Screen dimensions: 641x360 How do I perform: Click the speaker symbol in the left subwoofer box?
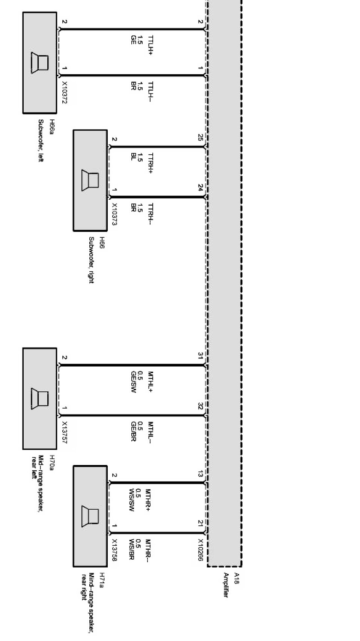pyautogui.click(x=40, y=62)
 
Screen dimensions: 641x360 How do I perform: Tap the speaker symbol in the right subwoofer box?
pyautogui.click(x=90, y=180)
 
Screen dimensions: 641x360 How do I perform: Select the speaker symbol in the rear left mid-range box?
pyautogui.click(x=40, y=399)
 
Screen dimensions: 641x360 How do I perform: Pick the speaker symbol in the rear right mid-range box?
pyautogui.click(x=90, y=516)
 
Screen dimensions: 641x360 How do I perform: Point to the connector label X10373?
pyautogui.click(x=115, y=214)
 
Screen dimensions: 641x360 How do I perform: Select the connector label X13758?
pyautogui.click(x=115, y=550)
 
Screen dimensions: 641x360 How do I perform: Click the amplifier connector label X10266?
pyautogui.click(x=201, y=550)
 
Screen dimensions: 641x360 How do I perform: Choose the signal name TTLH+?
pyautogui.click(x=151, y=45)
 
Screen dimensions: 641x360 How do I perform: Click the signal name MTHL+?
pyautogui.click(x=151, y=382)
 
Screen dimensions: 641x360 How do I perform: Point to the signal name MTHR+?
pyautogui.click(x=148, y=500)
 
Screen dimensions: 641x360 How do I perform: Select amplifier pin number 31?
pyautogui.click(x=200, y=356)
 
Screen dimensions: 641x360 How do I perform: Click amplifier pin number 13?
pyautogui.click(x=200, y=474)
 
